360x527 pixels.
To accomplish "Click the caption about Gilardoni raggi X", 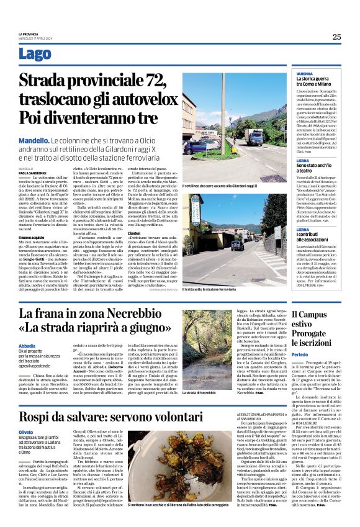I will pos(220,186).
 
